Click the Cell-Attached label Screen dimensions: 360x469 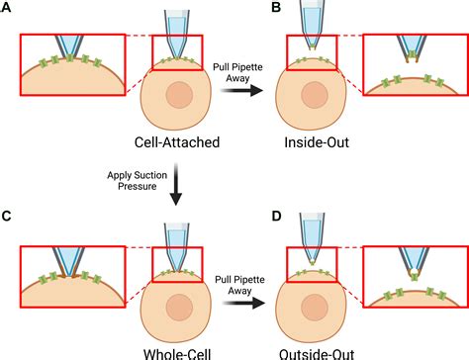coord(178,142)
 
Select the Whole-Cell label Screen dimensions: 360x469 coord(178,350)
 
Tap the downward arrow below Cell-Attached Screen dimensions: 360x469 coord(178,184)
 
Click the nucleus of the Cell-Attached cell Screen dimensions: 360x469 coord(179,95)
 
